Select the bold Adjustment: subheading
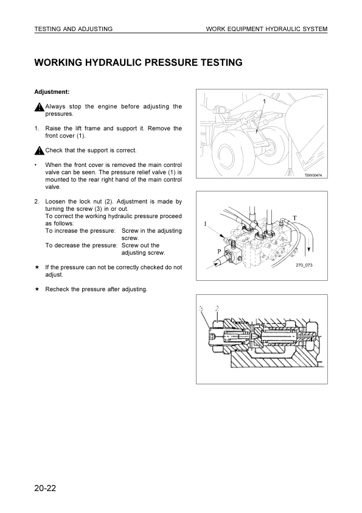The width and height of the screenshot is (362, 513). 52,92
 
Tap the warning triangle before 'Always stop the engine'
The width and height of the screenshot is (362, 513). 39,108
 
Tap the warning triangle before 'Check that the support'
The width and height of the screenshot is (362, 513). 39,150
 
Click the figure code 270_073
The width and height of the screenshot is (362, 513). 304,265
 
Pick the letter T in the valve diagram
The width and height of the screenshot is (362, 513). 294,218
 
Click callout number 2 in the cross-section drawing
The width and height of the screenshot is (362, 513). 217,308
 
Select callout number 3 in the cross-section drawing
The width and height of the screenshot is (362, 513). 201,308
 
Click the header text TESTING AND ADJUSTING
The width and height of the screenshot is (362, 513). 73,29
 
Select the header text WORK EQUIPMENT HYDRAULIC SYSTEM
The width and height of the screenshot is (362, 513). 266,29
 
